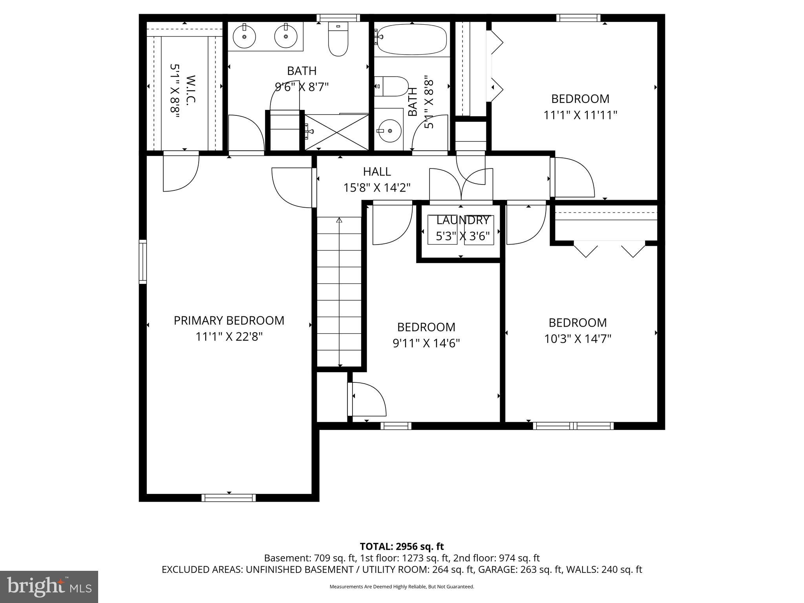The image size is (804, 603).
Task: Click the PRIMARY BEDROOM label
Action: click(x=229, y=320)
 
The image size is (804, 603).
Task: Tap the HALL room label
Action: click(x=376, y=172)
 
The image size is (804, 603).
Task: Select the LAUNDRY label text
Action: click(x=462, y=220)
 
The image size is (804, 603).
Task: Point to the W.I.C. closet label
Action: click(x=190, y=90)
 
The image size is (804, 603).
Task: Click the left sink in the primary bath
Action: click(x=244, y=37)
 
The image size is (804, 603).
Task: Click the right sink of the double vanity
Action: click(x=286, y=37)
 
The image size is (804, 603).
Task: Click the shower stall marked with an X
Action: click(x=337, y=132)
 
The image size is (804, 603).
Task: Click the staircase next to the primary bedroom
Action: click(x=339, y=292)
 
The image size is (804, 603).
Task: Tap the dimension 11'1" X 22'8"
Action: click(x=229, y=337)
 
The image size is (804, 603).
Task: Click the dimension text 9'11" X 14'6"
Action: click(x=426, y=344)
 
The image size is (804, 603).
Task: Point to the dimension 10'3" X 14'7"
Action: click(x=577, y=339)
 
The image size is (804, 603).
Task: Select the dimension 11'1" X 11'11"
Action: click(x=580, y=115)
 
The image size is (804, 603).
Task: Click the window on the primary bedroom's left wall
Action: click(x=143, y=261)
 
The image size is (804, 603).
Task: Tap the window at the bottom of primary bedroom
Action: click(x=228, y=498)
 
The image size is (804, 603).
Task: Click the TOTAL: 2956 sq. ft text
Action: click(x=402, y=546)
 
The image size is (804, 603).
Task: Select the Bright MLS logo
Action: click(x=49, y=587)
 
